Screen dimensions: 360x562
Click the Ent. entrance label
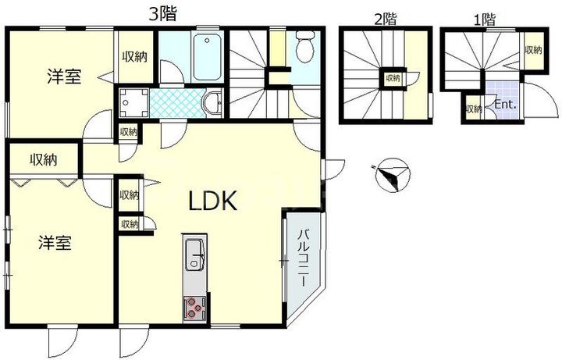click(502, 103)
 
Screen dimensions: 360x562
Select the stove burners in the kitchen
click(194, 308)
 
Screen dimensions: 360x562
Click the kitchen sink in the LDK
click(194, 254)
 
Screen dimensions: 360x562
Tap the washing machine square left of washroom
click(130, 101)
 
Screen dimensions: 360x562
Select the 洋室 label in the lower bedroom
click(56, 243)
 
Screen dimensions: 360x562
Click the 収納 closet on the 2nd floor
click(391, 78)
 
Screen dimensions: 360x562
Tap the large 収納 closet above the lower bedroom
click(44, 159)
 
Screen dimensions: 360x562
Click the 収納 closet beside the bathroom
click(133, 56)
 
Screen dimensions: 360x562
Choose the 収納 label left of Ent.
click(474, 109)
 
